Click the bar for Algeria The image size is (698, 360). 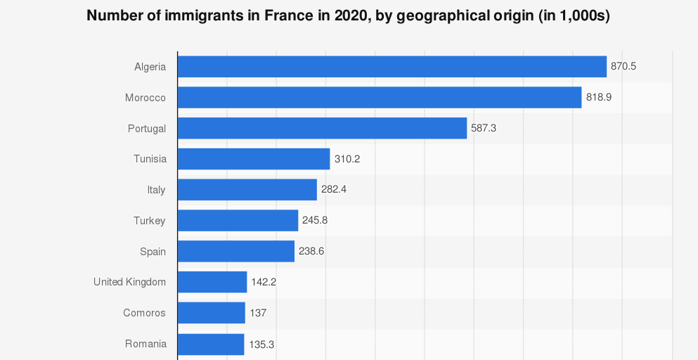[x=392, y=67]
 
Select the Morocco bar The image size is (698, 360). [x=380, y=98]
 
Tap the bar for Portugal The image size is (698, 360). [x=322, y=129]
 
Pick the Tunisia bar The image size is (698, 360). [x=254, y=159]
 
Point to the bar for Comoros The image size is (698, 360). [x=212, y=313]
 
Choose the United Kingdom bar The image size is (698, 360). [x=212, y=282]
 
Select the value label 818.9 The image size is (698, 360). [x=599, y=98]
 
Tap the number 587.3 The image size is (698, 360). [x=484, y=129]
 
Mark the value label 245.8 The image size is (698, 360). [x=315, y=221]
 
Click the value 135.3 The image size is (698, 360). [x=261, y=344]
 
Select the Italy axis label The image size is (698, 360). [x=156, y=190]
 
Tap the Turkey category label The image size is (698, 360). [x=150, y=221]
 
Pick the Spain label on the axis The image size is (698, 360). [x=153, y=251]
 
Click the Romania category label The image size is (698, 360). [x=146, y=344]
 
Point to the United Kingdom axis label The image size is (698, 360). [x=129, y=282]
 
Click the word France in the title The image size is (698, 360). [x=290, y=16]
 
